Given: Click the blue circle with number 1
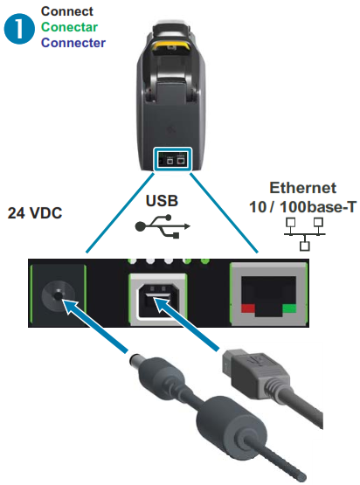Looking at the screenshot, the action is click(x=19, y=29).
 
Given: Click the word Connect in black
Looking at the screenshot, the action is click(x=66, y=11).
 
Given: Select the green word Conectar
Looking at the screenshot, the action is click(x=69, y=27).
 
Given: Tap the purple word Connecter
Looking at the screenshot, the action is click(x=73, y=43).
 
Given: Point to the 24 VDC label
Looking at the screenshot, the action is click(x=35, y=213).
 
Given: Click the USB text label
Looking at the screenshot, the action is click(x=162, y=201).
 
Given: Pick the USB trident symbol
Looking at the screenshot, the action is click(x=163, y=226).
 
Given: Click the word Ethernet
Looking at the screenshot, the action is click(x=303, y=188).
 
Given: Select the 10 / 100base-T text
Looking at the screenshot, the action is click(x=303, y=207).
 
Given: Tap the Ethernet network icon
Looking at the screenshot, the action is click(x=305, y=234).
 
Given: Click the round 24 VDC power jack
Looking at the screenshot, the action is click(x=58, y=296).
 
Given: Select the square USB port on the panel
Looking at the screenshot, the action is click(x=158, y=300).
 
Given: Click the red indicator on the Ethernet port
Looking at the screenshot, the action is click(x=248, y=308).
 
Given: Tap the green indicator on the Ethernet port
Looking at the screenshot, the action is click(x=289, y=308).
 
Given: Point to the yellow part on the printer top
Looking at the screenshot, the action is click(x=171, y=46).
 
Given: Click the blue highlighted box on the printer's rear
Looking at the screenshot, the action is click(x=173, y=159).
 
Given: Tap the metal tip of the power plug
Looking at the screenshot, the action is click(x=135, y=360).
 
